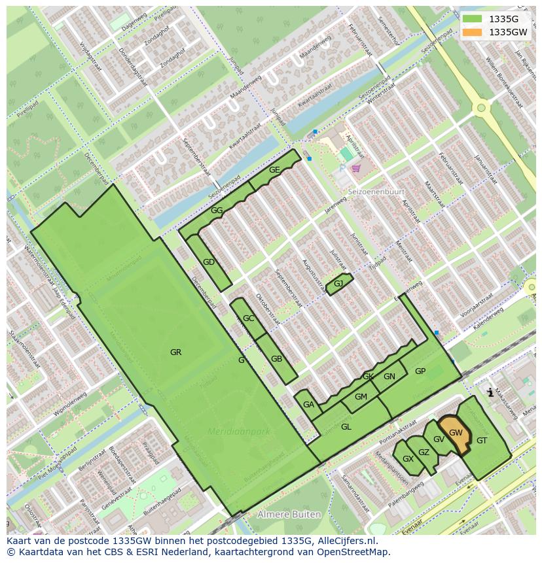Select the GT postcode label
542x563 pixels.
[482, 441]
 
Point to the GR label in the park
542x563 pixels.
[175, 352]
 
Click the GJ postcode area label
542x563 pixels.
[338, 283]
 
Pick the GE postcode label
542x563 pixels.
[274, 170]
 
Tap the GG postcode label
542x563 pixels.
[217, 211]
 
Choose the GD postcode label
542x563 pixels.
[209, 262]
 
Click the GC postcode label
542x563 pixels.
[248, 318]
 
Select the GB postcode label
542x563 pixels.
[276, 359]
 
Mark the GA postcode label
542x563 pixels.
[308, 405]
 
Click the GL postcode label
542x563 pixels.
[346, 427]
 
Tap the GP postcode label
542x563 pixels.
[420, 371]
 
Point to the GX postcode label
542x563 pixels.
[408, 459]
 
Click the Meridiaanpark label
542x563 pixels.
[239, 432]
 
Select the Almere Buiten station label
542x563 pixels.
[289, 515]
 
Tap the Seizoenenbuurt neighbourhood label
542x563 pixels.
[376, 192]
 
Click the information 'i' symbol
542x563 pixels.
[490, 392]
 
